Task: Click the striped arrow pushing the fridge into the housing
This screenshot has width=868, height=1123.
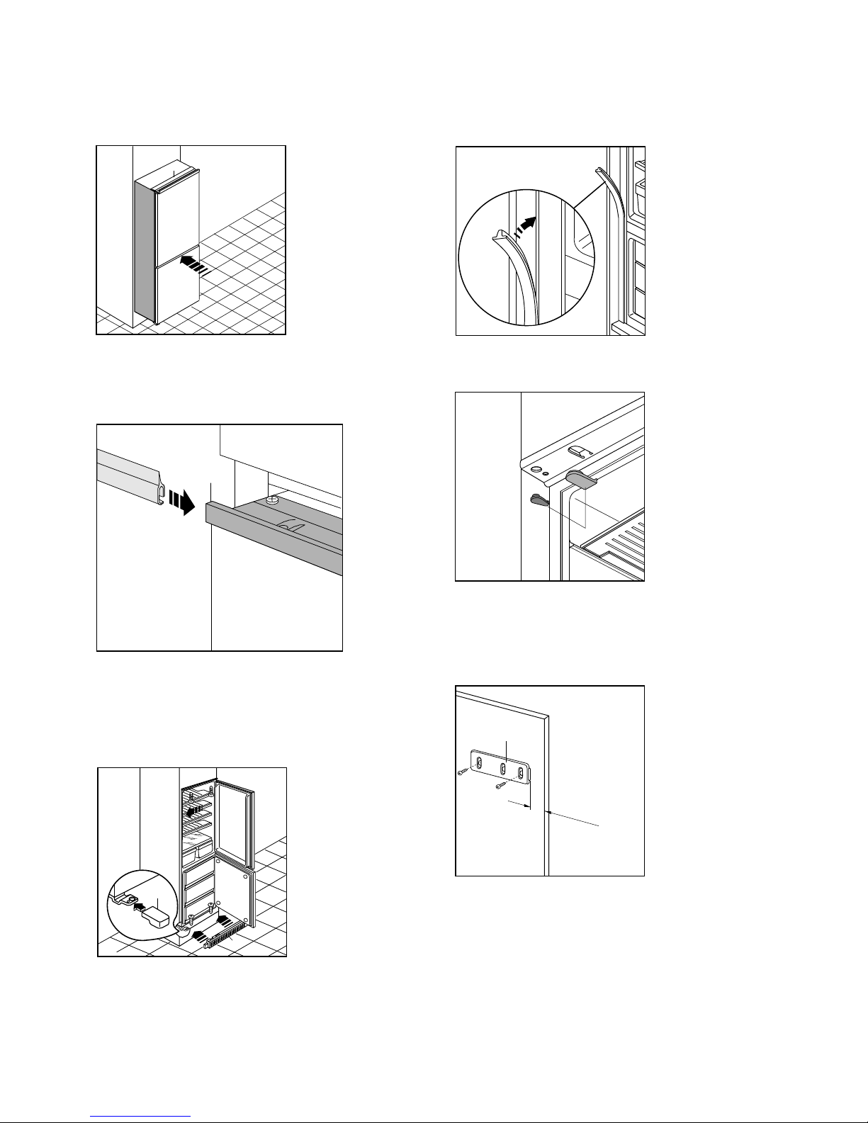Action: [x=193, y=264]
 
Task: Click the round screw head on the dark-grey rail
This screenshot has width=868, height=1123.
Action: [x=271, y=499]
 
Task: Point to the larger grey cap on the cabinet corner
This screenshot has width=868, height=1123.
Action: [x=582, y=480]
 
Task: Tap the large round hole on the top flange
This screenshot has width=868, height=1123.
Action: [x=536, y=469]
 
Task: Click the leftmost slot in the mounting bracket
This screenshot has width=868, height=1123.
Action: [x=480, y=763]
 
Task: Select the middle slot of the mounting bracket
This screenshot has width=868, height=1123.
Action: [x=502, y=767]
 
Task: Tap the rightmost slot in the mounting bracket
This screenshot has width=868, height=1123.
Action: [x=522, y=773]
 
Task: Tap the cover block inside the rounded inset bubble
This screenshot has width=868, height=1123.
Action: [x=155, y=919]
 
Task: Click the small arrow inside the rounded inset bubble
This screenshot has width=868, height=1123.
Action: [x=140, y=905]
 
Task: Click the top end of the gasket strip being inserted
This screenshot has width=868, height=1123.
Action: [x=601, y=171]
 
